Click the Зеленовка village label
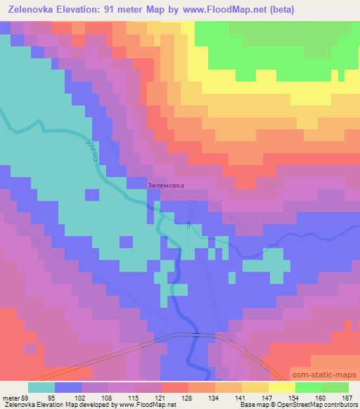[167, 186]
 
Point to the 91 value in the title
[115, 9]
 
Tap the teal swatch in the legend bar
[41, 387]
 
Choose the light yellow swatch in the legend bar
[282, 387]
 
